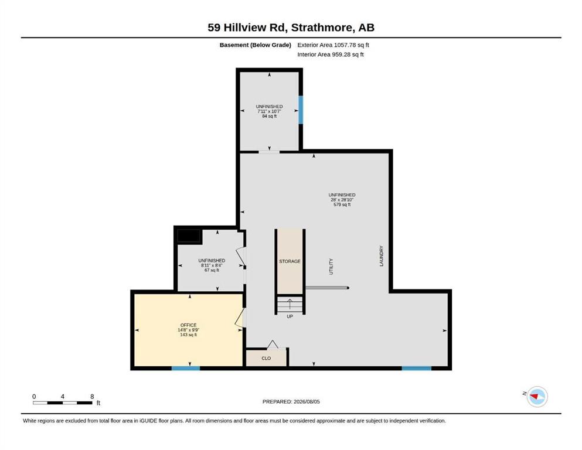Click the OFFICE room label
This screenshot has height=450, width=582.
click(188, 325)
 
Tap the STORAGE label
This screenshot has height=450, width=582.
click(290, 261)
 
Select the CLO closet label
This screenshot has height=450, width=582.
click(266, 359)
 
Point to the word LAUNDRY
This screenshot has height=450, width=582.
click(381, 256)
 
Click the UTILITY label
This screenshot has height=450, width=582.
click(331, 267)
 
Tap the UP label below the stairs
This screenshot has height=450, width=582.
click(290, 316)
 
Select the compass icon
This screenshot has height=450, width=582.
click(537, 397)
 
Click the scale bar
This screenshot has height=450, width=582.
click(63, 403)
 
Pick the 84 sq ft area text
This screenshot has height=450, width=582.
click(269, 116)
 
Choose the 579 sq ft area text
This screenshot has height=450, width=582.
click(342, 204)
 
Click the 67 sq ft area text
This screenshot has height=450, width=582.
click(212, 270)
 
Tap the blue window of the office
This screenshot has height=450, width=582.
click(186, 369)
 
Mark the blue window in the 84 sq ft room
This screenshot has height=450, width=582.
click(301, 110)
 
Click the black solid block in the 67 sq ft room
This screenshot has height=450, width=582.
click(189, 236)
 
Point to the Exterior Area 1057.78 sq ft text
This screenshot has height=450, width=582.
click(333, 45)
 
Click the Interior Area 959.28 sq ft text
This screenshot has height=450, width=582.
click(331, 54)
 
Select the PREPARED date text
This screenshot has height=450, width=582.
click(291, 401)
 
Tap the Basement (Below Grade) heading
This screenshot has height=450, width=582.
click(256, 45)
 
